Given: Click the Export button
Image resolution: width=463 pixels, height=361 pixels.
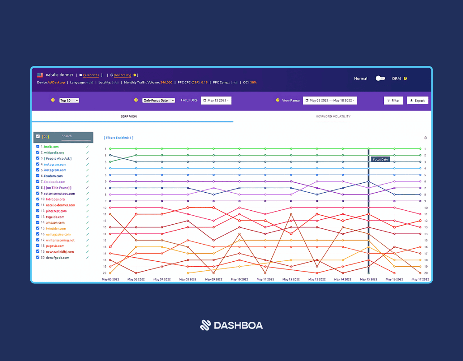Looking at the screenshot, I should [417, 100].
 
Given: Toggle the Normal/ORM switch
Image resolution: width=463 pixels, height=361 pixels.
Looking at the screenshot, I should [380, 79].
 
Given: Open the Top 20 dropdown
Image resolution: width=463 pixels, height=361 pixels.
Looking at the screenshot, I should [69, 100].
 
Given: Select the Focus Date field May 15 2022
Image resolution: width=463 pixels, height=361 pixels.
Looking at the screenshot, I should [216, 100].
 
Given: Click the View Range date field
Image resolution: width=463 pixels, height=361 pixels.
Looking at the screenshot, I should [330, 100].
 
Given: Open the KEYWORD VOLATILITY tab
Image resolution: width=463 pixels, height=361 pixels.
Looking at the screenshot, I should [333, 116].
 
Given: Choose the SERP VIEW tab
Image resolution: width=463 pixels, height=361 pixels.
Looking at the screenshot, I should [129, 116].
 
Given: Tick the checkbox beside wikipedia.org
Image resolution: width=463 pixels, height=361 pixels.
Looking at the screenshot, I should [38, 153].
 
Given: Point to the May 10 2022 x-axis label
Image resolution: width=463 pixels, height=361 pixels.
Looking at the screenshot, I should [239, 279].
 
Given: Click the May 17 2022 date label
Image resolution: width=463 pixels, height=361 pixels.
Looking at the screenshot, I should [420, 279].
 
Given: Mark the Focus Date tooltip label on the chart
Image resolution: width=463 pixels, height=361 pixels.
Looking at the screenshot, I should [380, 159].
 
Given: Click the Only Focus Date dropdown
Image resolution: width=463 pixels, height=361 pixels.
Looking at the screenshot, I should [159, 100].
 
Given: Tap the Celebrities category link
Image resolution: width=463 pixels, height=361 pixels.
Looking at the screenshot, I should [91, 75].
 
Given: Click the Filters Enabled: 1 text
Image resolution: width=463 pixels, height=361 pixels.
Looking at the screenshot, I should [118, 138].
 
